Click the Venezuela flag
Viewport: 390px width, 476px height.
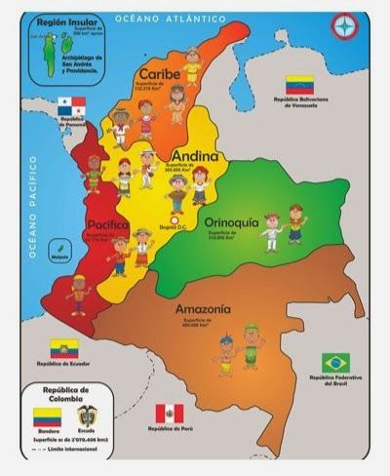pos(298,85)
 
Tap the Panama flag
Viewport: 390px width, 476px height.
pos(70,104)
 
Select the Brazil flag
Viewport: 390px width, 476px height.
pos(335,362)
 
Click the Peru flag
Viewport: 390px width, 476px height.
pos(170,413)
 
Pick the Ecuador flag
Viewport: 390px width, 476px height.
pos(64,348)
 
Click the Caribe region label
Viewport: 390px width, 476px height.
pos(159,74)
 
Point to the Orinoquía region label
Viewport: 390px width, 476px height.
pos(231,222)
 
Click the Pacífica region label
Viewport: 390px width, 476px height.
pos(108,224)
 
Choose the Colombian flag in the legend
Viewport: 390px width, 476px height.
pos(47,418)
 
